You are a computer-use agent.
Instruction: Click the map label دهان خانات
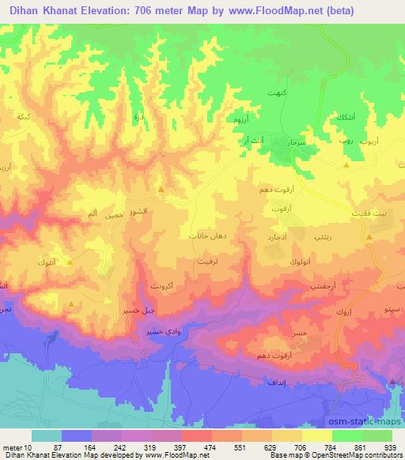[x=209, y=236]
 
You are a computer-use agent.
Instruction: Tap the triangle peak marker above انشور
[x=161, y=189]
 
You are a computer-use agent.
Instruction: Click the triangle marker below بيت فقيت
[x=369, y=237]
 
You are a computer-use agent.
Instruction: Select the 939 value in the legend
[x=389, y=447]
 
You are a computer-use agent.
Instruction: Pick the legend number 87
[x=57, y=447]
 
